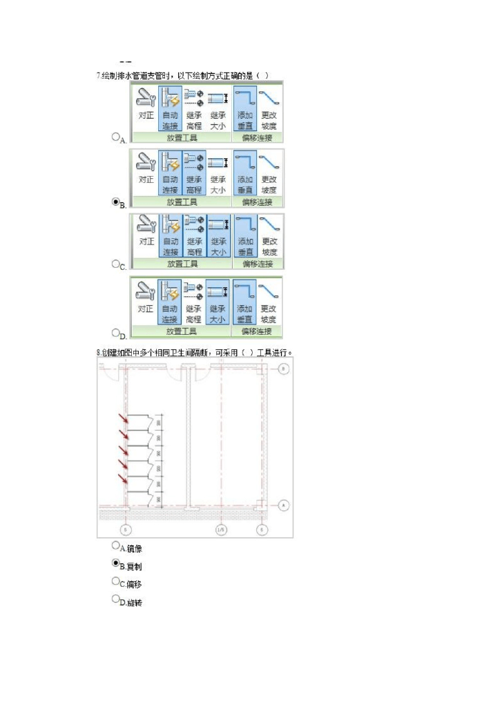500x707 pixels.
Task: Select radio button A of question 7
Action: (x=116, y=137)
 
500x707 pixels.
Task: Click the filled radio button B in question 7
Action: (x=116, y=202)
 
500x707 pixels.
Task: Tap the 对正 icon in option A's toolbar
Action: (x=145, y=107)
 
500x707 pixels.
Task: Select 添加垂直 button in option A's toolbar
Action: (x=246, y=107)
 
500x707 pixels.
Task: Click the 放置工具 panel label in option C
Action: (x=182, y=264)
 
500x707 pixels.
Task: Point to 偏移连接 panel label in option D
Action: (x=257, y=331)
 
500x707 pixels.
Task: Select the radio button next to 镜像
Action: (x=116, y=545)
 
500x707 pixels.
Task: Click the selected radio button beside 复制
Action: (x=116, y=563)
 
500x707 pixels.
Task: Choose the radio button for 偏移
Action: (x=116, y=581)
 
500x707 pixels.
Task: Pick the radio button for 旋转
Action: (x=116, y=599)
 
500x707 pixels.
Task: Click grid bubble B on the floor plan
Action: (x=284, y=369)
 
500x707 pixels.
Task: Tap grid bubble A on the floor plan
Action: (x=283, y=505)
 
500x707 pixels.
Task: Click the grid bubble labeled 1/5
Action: (x=221, y=530)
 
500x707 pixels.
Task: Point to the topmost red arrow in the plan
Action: (x=122, y=418)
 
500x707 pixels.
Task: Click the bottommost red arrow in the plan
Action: (x=122, y=478)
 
